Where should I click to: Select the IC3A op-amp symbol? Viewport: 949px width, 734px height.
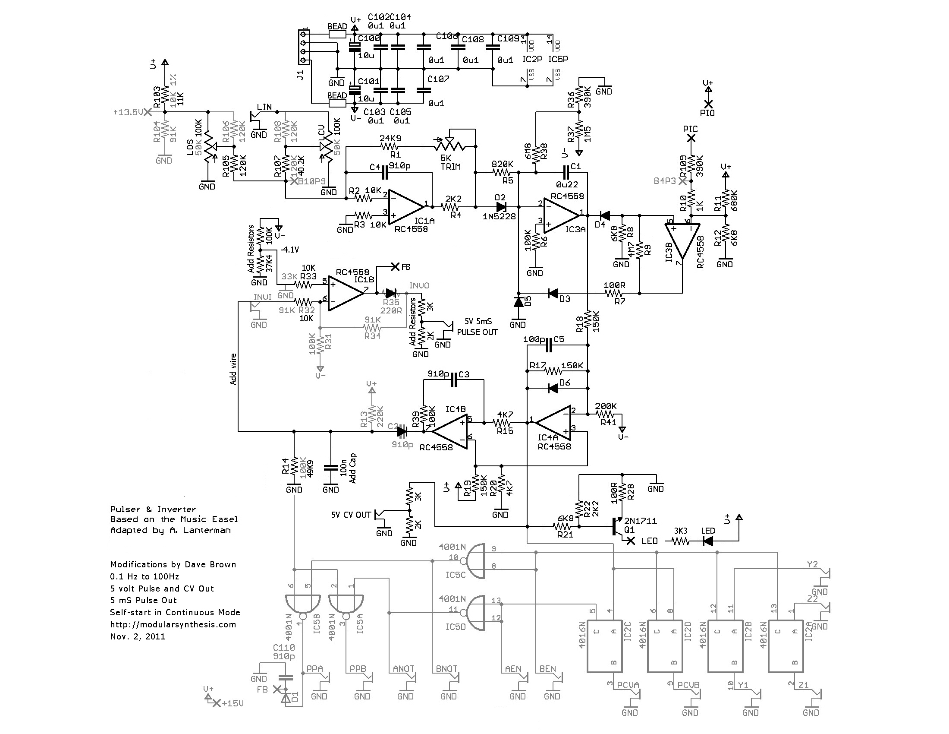(x=560, y=215)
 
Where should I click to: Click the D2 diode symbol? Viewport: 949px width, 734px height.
(x=501, y=206)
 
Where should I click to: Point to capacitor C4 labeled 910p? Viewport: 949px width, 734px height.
(x=385, y=173)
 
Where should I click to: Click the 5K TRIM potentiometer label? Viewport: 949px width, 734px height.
(x=450, y=162)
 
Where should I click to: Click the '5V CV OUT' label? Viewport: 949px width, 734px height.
(x=351, y=515)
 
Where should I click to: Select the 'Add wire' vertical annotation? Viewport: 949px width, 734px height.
(x=233, y=370)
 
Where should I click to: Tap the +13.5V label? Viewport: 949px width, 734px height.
(x=128, y=112)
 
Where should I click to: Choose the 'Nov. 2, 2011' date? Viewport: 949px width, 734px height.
(x=137, y=636)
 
